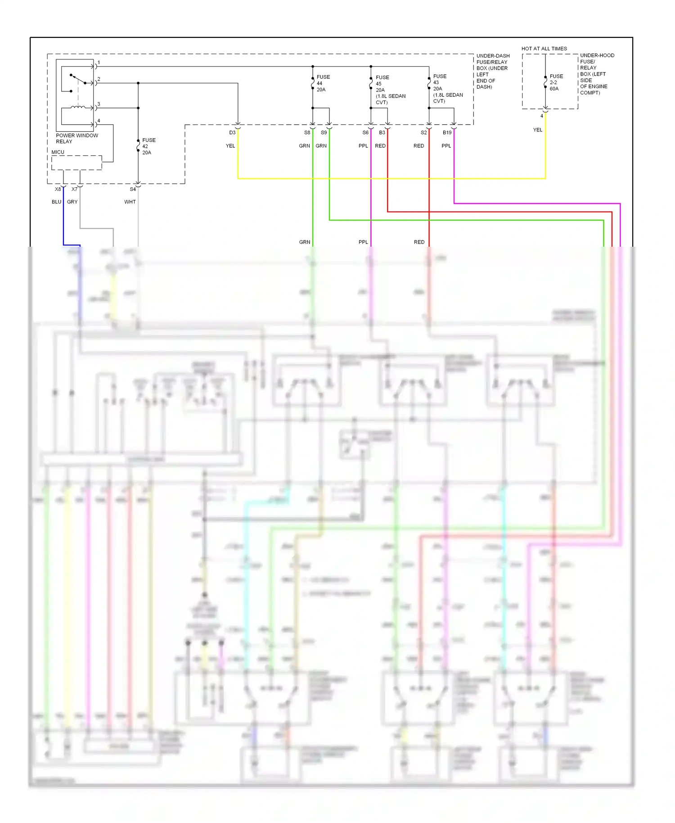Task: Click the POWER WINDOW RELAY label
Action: (x=76, y=138)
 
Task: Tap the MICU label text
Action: (x=58, y=152)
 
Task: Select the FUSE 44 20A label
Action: (x=323, y=83)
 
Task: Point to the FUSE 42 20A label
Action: (x=148, y=146)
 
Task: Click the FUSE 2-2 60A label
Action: (x=556, y=82)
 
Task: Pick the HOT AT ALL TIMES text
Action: (x=544, y=49)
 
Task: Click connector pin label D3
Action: (x=232, y=133)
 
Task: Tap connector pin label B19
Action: (x=446, y=133)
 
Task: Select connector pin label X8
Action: (x=58, y=190)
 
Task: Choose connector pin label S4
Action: (x=133, y=190)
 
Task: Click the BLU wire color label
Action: (x=56, y=202)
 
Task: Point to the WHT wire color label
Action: (x=130, y=202)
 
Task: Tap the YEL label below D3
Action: (x=230, y=146)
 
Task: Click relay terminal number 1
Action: (x=99, y=63)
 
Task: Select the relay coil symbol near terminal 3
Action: (x=78, y=107)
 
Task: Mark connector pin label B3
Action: (x=382, y=133)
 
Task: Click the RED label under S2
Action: (x=418, y=146)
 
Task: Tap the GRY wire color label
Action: (x=72, y=202)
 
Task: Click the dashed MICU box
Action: (x=76, y=163)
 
